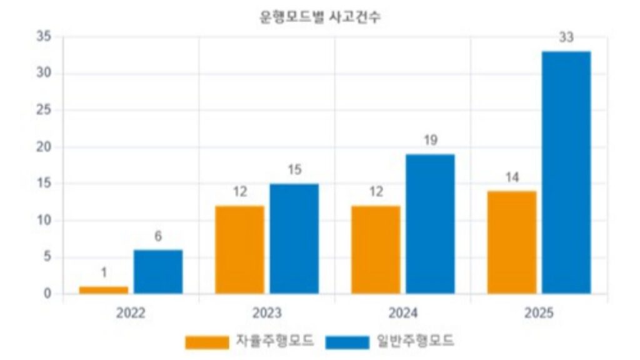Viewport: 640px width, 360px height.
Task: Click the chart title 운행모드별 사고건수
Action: point(319,17)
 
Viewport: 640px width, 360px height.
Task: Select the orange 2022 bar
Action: point(104,290)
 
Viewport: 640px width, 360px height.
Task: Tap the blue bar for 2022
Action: point(158,272)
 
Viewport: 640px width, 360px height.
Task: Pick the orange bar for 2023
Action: point(239,249)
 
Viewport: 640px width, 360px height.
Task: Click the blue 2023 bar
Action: point(294,239)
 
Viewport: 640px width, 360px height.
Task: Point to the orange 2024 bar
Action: point(376,249)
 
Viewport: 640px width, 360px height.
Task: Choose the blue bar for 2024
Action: point(430,224)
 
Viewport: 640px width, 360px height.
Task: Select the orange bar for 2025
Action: point(512,242)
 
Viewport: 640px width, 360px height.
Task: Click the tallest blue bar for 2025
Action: point(566,172)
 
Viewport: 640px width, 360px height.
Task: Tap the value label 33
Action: point(566,38)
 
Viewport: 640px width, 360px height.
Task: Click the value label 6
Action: point(158,236)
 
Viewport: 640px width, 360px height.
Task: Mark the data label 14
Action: point(512,177)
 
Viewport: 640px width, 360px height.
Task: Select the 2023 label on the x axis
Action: point(267,313)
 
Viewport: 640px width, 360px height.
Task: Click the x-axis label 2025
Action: point(539,313)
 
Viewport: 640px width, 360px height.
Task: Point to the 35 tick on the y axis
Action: point(44,37)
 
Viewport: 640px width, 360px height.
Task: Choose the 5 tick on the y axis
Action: point(47,257)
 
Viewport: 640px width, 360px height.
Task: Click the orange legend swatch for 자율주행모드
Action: point(207,342)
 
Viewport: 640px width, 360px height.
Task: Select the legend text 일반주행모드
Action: point(415,341)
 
